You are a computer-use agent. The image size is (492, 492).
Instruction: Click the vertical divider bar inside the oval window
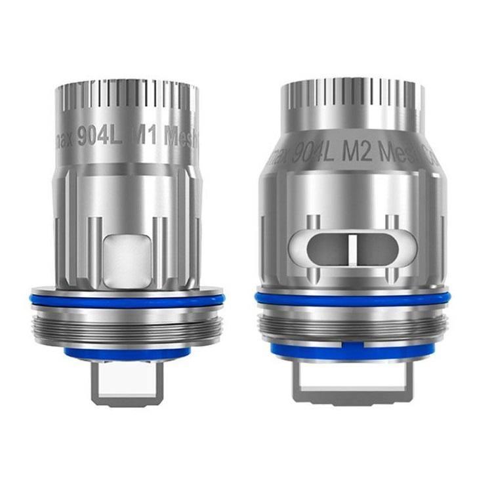coord(352,247)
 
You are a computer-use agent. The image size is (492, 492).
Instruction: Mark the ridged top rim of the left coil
coord(127,98)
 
